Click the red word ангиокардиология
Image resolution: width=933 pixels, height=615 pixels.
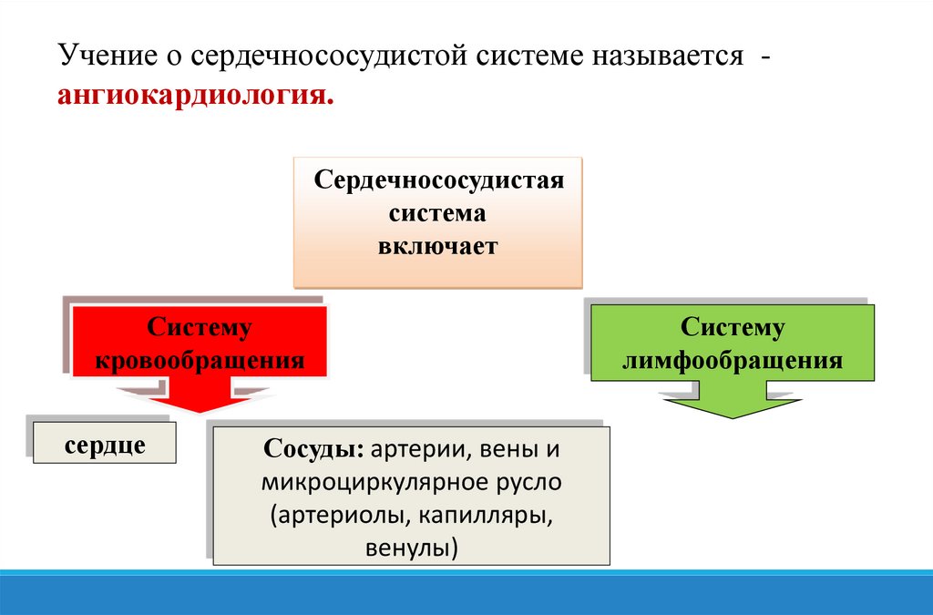coord(195,95)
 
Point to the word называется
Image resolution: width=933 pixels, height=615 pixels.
coord(667,56)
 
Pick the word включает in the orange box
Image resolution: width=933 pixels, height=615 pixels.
coord(439,246)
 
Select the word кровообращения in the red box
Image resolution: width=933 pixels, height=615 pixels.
coord(200,361)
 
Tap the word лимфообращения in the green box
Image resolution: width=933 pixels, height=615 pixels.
coord(733,361)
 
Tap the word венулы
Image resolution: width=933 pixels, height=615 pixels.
coord(410,549)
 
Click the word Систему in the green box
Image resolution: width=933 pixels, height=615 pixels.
coord(733,328)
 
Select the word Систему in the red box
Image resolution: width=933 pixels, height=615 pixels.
coord(200,328)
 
